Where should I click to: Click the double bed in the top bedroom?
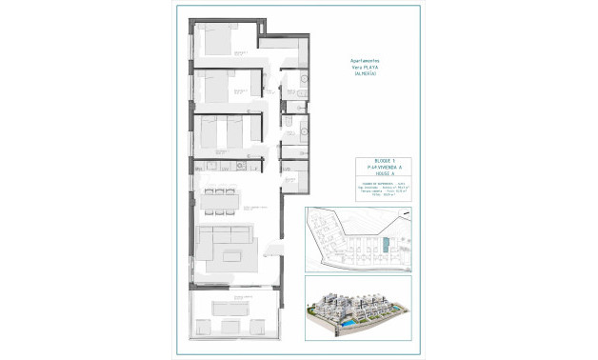217,42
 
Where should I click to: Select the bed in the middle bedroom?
215,91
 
